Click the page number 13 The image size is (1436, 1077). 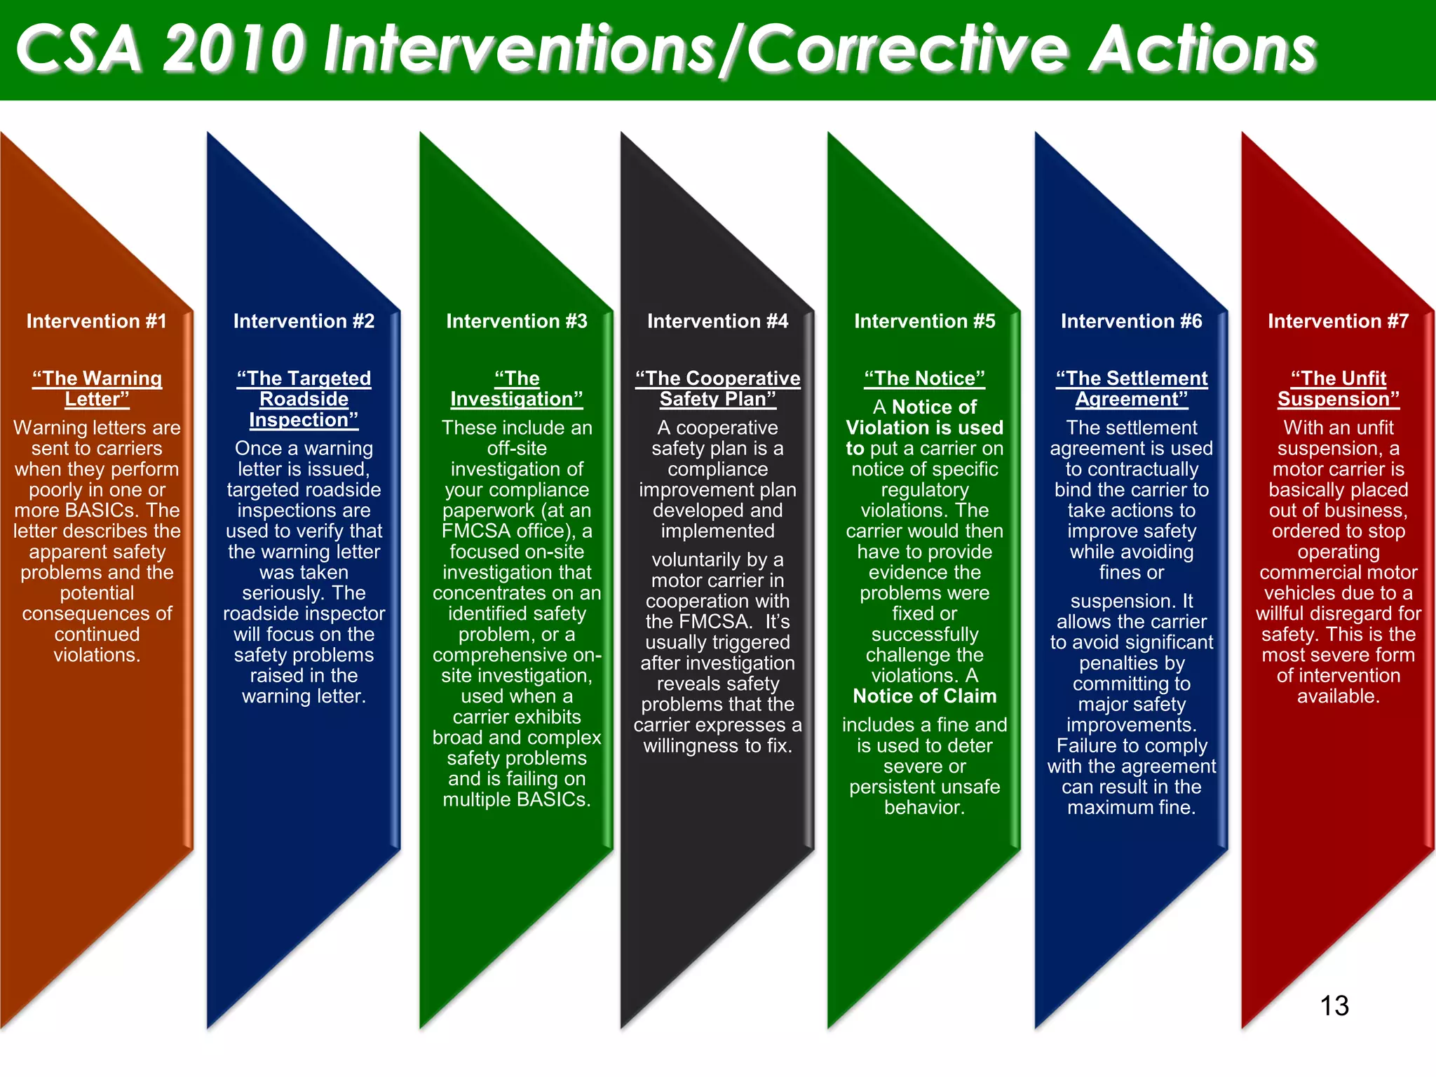[1334, 1005]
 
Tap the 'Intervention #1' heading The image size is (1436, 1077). [97, 321]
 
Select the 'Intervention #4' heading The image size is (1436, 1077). [717, 321]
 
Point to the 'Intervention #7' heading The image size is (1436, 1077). [1338, 321]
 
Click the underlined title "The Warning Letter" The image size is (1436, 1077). [97, 388]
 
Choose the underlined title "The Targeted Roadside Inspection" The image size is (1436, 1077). [304, 399]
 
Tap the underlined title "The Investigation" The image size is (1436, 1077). [517, 388]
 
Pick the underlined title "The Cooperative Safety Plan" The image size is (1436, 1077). [717, 388]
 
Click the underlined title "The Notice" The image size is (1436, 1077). [924, 379]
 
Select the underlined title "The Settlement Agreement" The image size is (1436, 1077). [1132, 388]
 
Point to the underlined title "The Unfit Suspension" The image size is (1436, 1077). [1338, 388]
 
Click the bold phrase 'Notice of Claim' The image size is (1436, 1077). [924, 696]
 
